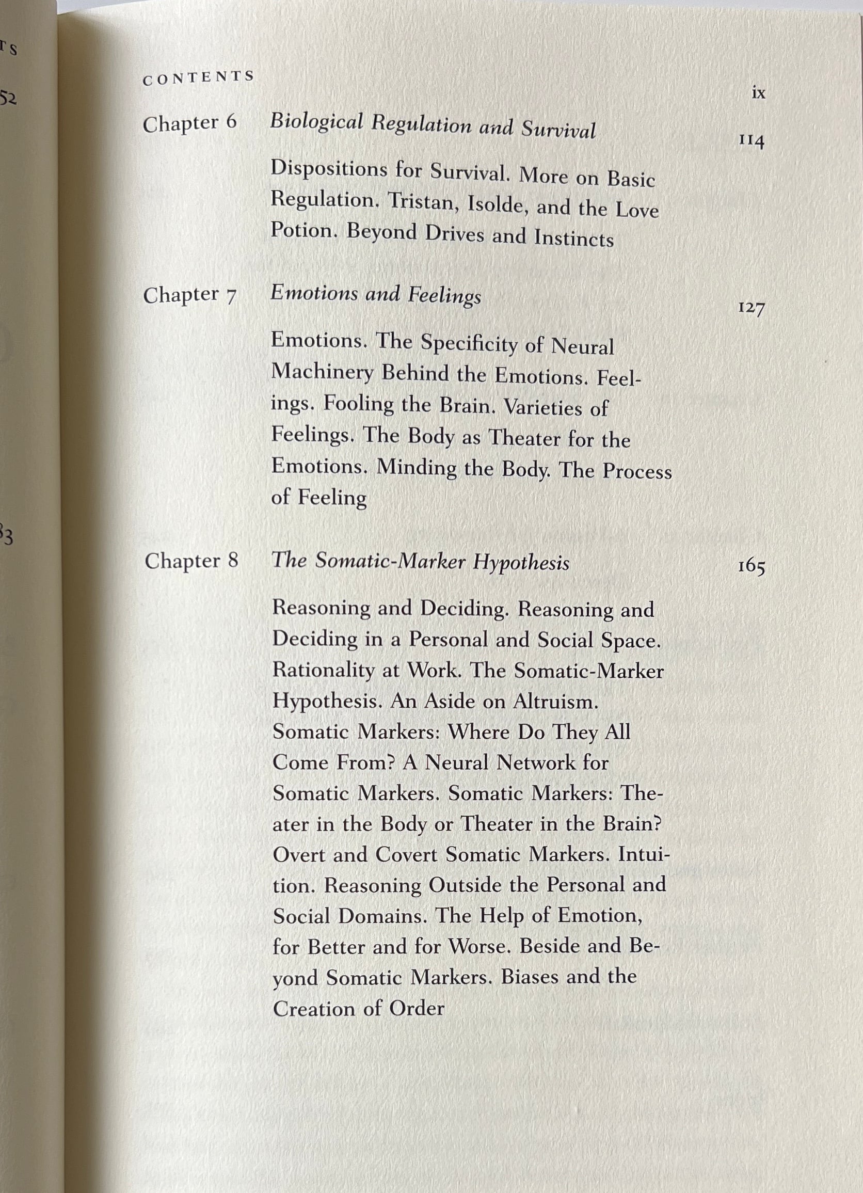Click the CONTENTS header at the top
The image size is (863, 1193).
coord(198,78)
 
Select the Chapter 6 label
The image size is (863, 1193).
coord(190,123)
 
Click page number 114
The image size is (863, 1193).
coord(751,140)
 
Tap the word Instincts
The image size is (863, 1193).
coord(574,239)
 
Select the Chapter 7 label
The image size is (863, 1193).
coord(190,295)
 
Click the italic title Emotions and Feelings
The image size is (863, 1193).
coord(375,295)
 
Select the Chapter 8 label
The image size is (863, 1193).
coord(191,561)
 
